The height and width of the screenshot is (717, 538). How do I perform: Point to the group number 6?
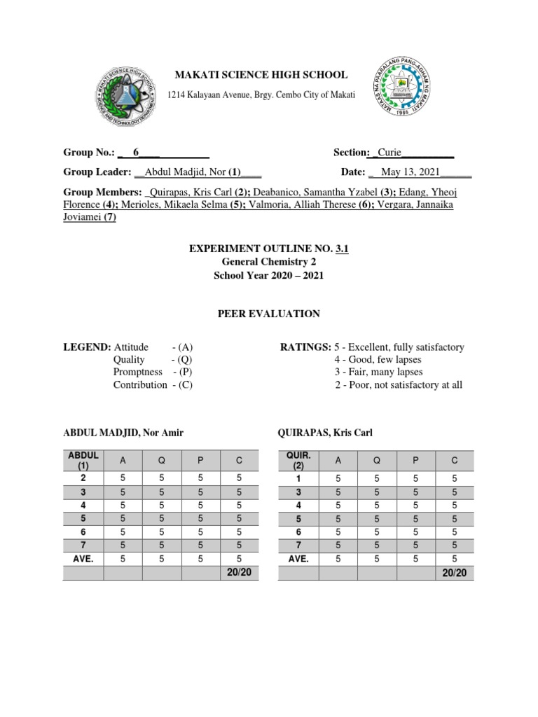136,152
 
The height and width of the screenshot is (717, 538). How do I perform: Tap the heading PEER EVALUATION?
268,314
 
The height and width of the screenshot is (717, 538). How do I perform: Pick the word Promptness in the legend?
138,372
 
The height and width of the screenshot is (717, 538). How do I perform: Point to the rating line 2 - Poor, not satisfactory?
398,385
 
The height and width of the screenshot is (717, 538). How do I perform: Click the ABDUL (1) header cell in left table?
83,460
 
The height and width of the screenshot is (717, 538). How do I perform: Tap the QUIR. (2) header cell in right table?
298,460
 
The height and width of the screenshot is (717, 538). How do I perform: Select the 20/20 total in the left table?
240,573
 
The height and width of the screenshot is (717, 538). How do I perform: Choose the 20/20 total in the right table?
455,573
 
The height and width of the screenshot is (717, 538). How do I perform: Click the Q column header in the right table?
377,460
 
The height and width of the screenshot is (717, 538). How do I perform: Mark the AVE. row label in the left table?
83,559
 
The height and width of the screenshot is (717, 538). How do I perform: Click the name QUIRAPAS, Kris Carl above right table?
326,433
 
